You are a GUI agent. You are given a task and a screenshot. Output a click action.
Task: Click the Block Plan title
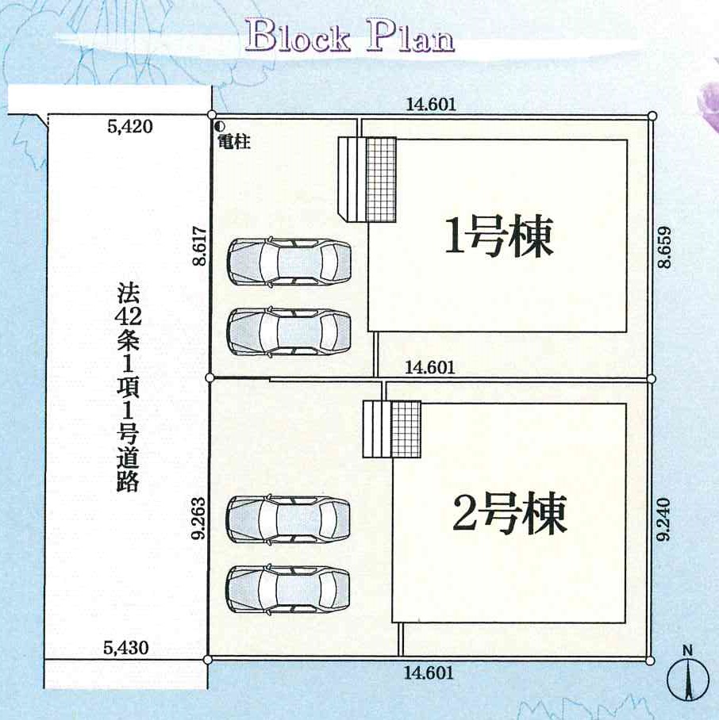350,36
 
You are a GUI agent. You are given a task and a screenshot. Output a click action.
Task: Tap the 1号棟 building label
498,236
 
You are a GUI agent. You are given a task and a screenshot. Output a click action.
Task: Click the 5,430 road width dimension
125,648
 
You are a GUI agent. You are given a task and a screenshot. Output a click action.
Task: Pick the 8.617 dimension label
202,247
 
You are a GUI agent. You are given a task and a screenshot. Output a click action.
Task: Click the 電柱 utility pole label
234,142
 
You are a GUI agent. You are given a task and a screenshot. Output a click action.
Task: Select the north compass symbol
687,674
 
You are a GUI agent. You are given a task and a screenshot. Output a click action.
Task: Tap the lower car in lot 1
290,331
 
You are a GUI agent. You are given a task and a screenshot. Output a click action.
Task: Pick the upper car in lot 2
289,519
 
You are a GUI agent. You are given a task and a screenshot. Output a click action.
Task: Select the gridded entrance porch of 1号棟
380,179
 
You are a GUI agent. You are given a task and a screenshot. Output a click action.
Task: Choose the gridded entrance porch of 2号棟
406,429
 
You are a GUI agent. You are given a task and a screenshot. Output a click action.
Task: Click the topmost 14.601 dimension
431,104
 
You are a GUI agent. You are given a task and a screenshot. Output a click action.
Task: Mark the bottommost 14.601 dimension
429,673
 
